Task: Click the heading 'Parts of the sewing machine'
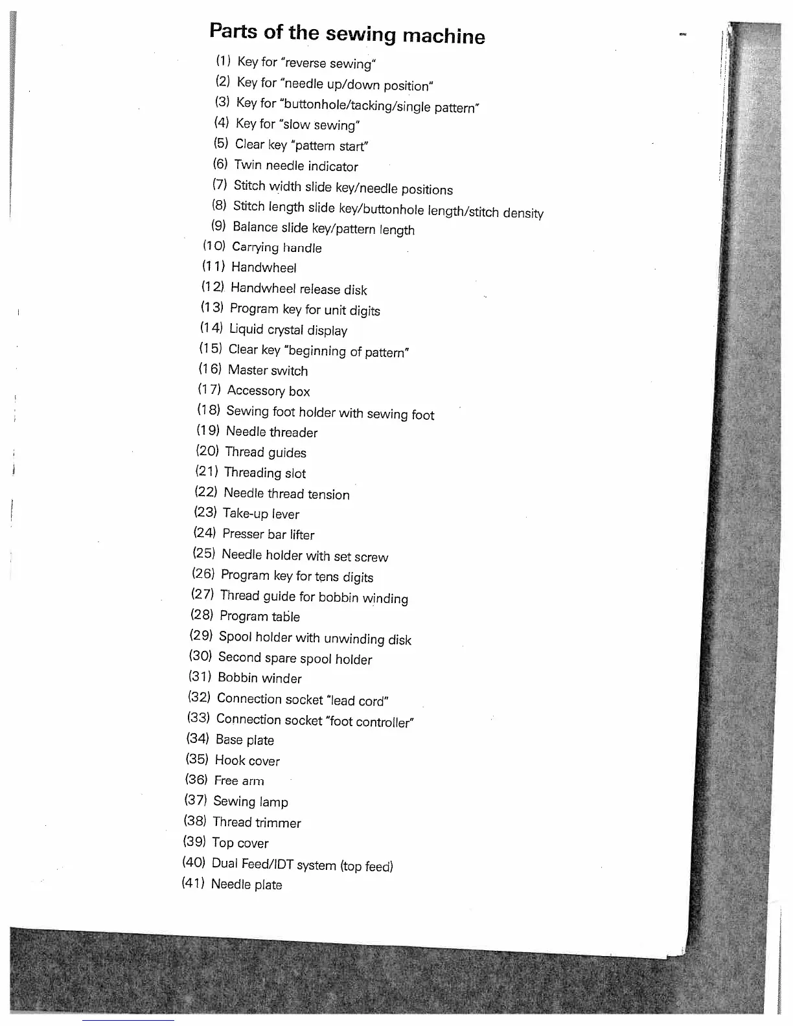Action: pyautogui.click(x=347, y=33)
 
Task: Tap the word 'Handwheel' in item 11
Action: pyautogui.click(x=264, y=268)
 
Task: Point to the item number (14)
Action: pyautogui.click(x=211, y=328)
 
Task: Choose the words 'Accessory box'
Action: pyautogui.click(x=268, y=391)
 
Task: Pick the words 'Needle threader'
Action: pyautogui.click(x=271, y=432)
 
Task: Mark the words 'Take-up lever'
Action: pyautogui.click(x=260, y=514)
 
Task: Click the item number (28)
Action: pyautogui.click(x=201, y=615)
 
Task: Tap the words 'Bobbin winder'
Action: pyautogui.click(x=259, y=678)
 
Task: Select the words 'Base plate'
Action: pyautogui.click(x=244, y=740)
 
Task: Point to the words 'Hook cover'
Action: pyautogui.click(x=247, y=760)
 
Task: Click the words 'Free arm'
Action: pyautogui.click(x=238, y=781)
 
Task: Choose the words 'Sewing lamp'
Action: pyautogui.click(x=250, y=802)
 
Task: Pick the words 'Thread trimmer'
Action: pyautogui.click(x=257, y=823)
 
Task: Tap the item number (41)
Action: pyautogui.click(x=193, y=883)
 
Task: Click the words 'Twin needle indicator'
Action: pyautogui.click(x=295, y=166)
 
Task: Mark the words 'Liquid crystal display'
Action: pyautogui.click(x=288, y=330)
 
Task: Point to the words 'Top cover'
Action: pyautogui.click(x=240, y=843)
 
